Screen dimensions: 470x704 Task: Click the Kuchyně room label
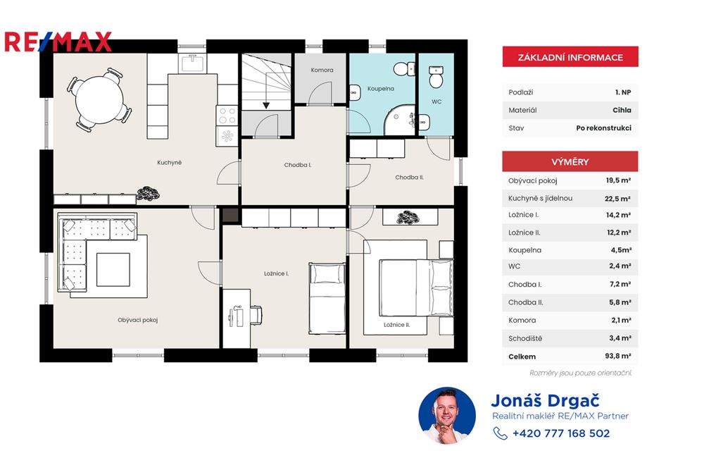(x=170, y=163)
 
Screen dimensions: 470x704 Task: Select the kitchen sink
(x=193, y=65)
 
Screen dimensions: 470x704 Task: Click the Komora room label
(x=322, y=70)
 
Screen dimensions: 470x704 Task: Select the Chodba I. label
(x=298, y=165)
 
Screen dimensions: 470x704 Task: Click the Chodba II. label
(x=409, y=178)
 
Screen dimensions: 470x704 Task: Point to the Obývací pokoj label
(x=137, y=320)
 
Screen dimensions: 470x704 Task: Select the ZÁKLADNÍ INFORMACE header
(x=570, y=57)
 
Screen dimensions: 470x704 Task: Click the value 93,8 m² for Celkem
(x=618, y=357)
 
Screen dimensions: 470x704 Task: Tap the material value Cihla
(x=622, y=110)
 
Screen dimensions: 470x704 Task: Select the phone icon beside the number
(x=501, y=433)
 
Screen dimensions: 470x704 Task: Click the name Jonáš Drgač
(x=545, y=401)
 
